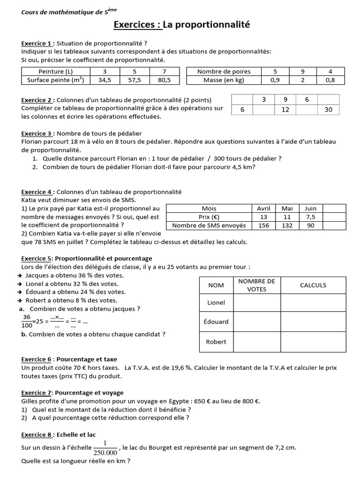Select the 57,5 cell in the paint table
coord(134,80)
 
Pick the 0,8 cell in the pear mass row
coord(330,80)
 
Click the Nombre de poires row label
coord(224,71)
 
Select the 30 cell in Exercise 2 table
coord(328,109)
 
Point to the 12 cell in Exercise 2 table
coord(285,109)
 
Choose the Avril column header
coord(264,208)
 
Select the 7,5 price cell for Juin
coord(310,217)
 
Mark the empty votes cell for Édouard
coord(256,322)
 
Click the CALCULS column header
coord(313,285)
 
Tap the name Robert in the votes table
coord(216,342)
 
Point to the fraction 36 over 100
coord(26,321)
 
